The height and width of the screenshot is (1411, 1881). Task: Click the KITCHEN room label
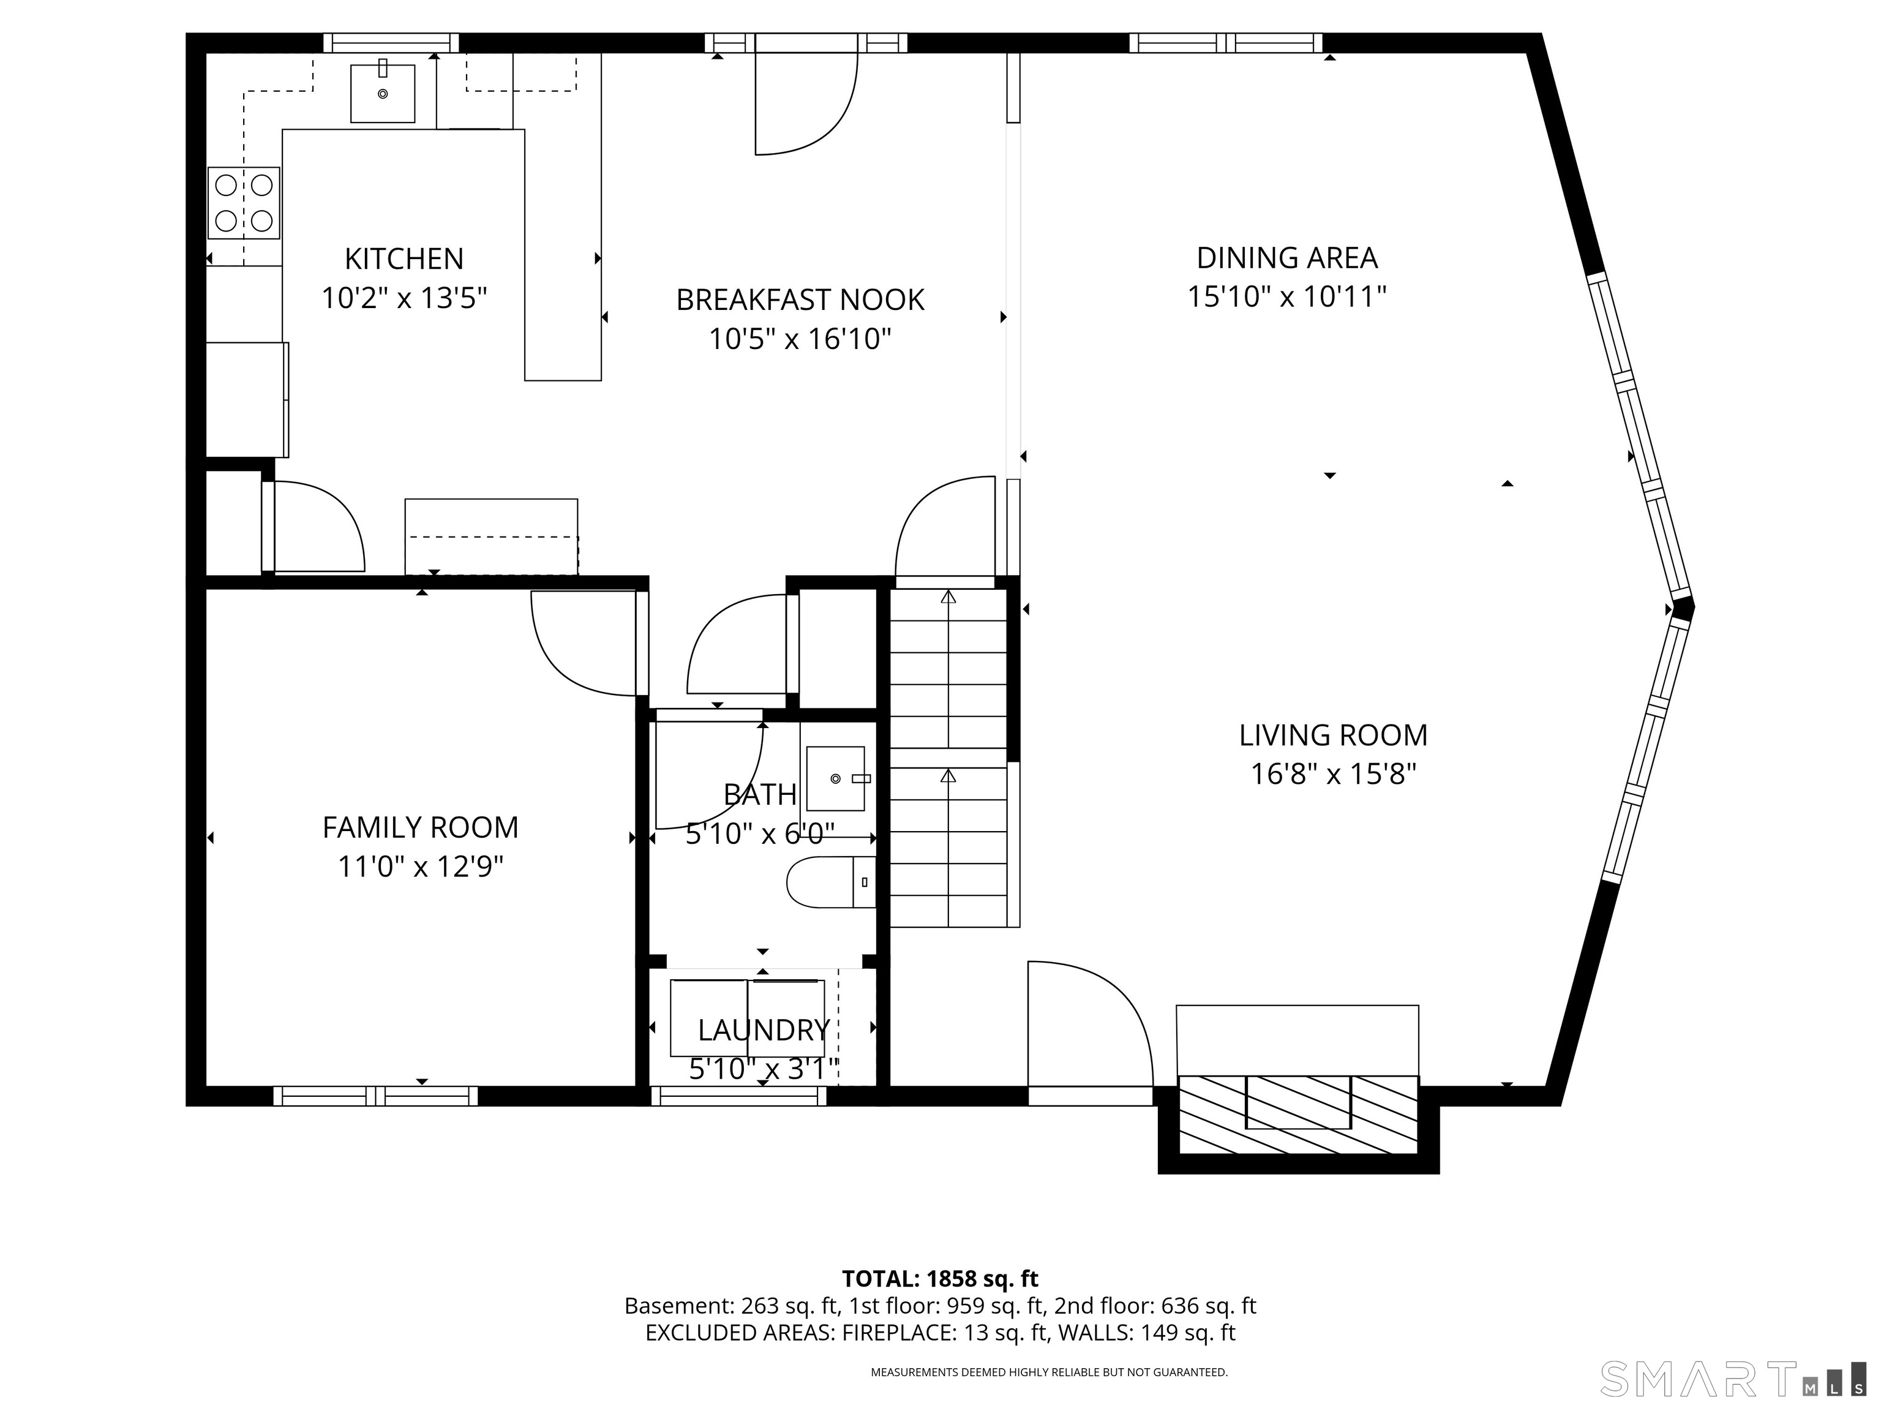404,258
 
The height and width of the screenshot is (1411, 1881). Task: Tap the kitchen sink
383,92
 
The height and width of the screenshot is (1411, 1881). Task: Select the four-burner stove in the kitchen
244,203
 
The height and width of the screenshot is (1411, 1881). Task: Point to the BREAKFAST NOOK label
800,299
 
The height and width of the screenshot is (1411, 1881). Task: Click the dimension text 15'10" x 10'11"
1286,297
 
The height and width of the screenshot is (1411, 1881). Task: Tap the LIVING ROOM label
1332,735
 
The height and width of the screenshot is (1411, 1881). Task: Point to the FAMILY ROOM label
420,827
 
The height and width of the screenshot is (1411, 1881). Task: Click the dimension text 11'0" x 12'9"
421,867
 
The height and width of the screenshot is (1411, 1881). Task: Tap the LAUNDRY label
764,1030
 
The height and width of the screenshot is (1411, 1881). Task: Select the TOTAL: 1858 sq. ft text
940,1279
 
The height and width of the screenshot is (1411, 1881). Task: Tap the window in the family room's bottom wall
375,1096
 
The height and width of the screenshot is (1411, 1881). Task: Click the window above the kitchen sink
391,42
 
